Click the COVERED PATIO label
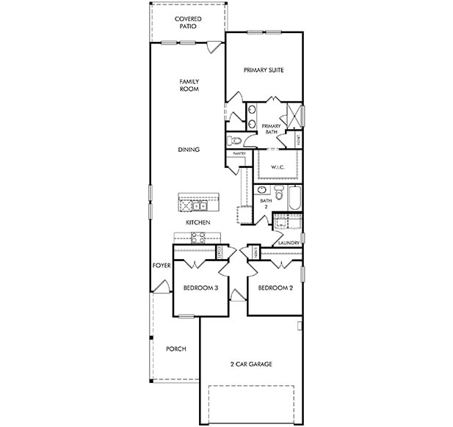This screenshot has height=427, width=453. point(189,22)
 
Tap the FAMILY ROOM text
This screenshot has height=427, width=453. point(189,85)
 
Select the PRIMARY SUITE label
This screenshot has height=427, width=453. point(264,70)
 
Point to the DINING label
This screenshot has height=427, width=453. point(189,150)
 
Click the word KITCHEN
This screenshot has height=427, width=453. point(198,222)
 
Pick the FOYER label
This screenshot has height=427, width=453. point(162,266)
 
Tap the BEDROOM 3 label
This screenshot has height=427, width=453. point(200,288)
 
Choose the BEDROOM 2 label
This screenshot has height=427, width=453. point(275,288)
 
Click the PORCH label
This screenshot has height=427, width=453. point(175,348)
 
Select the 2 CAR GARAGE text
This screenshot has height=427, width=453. point(251,363)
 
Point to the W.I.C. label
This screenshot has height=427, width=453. point(278,167)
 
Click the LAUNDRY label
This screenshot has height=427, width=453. point(286,243)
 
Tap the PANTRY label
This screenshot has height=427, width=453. point(239,153)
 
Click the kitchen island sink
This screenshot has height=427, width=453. point(198,205)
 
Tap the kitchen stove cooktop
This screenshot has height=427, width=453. point(198,236)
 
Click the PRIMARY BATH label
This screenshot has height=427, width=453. point(271,128)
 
